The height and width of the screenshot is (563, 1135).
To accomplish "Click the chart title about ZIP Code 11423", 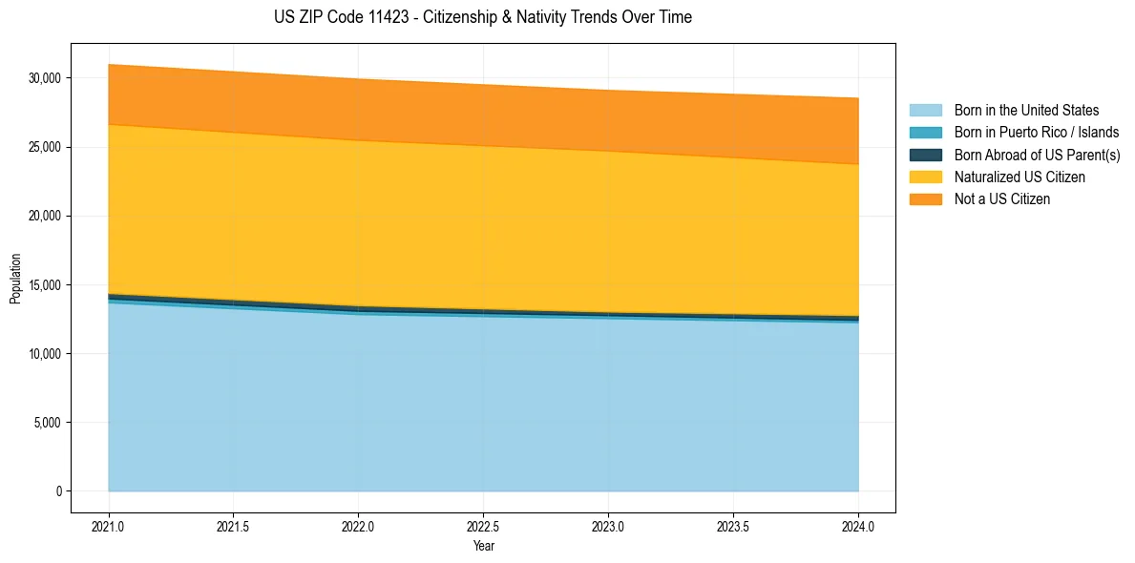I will (x=482, y=17).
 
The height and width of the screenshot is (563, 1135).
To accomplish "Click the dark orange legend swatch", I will (x=925, y=198).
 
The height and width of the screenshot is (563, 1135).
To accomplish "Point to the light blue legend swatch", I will (x=925, y=111).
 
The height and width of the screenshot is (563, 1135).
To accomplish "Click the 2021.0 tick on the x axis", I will (x=108, y=526).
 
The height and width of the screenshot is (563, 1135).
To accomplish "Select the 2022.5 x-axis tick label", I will (x=483, y=526).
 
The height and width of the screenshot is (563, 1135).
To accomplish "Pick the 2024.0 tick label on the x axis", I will (x=858, y=526).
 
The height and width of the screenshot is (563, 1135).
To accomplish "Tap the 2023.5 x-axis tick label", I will (x=733, y=526).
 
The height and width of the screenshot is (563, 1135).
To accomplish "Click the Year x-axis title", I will (x=483, y=546).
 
